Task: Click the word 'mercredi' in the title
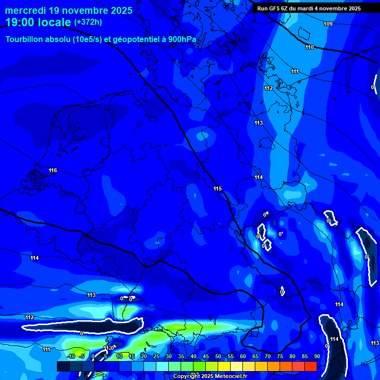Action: pos(25,10)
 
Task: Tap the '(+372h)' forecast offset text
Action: pos(88,22)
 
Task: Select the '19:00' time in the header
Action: pos(19,22)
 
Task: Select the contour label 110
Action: pos(309,47)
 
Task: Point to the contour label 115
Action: pos(218,189)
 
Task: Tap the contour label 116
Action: pos(53,171)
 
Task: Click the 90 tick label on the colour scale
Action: pos(317,356)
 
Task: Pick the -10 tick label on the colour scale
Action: pos(71,356)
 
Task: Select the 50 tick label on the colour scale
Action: pos(218,356)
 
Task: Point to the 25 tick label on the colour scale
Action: pos(156,356)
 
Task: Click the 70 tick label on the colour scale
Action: pos(267,356)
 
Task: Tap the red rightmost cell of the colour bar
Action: pos(310,366)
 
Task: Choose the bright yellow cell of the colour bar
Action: pos(224,366)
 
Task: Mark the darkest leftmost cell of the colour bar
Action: pos(63,366)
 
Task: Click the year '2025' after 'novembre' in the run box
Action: pos(353,8)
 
